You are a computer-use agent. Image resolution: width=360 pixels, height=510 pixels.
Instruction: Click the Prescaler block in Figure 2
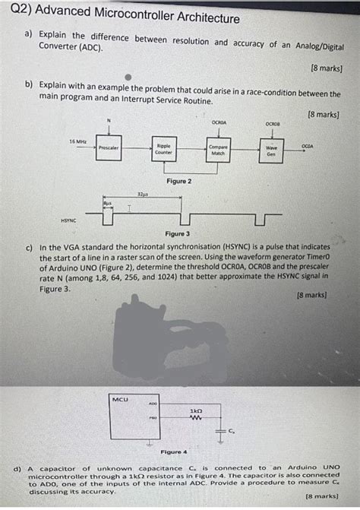tap(109, 147)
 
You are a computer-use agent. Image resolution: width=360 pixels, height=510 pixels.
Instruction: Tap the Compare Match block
tap(218, 149)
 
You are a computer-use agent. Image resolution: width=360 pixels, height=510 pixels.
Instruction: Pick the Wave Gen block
tap(271, 150)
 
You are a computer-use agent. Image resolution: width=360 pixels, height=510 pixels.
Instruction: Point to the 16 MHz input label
tap(77, 142)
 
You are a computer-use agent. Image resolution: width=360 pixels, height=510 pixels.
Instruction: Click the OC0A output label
tap(307, 144)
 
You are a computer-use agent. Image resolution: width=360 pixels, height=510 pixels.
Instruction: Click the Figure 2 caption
tap(179, 182)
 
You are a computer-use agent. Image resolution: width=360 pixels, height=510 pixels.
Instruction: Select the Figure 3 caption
tap(177, 235)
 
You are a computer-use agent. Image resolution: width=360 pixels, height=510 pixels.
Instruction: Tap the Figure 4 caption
tap(173, 451)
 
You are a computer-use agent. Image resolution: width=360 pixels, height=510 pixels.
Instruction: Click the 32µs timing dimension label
tap(142, 195)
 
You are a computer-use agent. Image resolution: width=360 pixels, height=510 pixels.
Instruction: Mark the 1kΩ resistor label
tap(195, 410)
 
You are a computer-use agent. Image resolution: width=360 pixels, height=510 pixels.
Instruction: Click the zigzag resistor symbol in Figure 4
tap(195, 418)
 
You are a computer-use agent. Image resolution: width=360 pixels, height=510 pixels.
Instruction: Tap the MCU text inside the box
tap(121, 398)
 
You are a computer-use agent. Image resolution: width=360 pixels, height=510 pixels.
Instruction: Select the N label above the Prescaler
tap(109, 120)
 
